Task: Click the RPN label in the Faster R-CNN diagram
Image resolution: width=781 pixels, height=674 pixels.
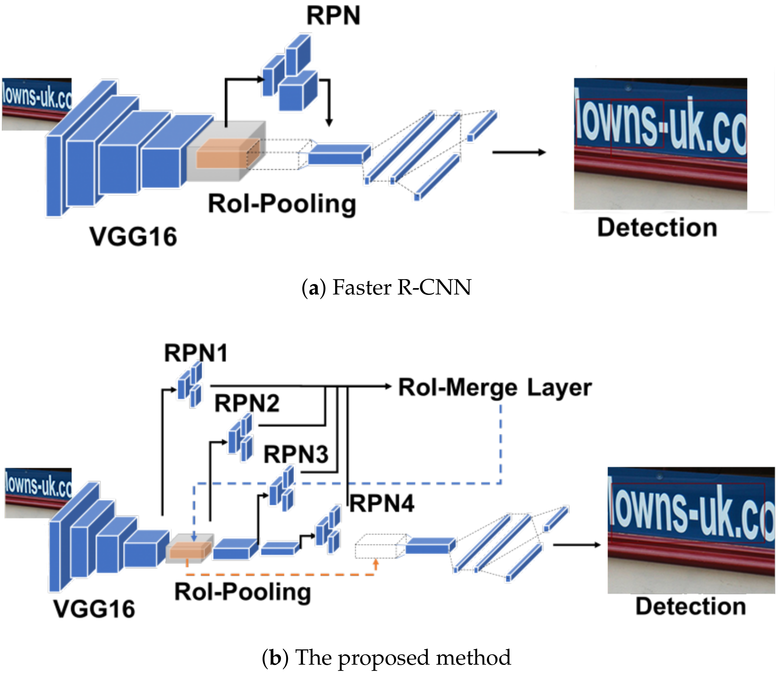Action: (x=333, y=16)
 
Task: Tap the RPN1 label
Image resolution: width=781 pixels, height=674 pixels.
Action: (x=196, y=353)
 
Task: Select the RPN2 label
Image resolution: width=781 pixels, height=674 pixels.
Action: (x=247, y=404)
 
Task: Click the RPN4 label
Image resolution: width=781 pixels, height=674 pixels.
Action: (x=382, y=503)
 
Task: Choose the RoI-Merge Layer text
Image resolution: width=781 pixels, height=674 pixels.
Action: (x=495, y=388)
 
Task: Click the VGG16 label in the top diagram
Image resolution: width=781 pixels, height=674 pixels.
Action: (x=133, y=237)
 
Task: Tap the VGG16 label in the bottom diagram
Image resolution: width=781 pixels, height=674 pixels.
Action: (x=94, y=609)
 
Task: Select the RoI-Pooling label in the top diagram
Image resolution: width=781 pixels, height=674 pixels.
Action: (x=282, y=204)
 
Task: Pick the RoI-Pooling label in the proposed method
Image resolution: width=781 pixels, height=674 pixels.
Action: (x=242, y=592)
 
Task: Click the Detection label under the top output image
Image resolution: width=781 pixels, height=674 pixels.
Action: (x=657, y=228)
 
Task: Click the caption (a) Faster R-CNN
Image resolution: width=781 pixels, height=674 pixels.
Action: (x=386, y=288)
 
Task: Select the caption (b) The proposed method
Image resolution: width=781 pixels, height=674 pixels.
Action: (x=386, y=657)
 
